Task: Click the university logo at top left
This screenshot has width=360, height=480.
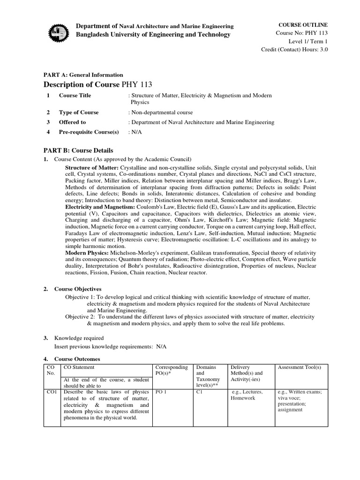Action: (59, 31)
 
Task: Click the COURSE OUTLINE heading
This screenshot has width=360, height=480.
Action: (303, 24)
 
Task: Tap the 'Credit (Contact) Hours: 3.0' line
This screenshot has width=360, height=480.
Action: (294, 50)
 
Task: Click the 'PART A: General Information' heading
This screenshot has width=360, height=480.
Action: (83, 75)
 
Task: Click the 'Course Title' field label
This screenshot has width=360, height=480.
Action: (75, 96)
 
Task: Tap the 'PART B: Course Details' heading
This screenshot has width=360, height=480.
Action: (78, 150)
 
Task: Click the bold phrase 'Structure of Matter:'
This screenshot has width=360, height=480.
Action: (92, 167)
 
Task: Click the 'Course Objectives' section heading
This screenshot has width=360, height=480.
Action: (78, 289)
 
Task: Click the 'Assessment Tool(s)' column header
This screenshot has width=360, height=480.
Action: (299, 367)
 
